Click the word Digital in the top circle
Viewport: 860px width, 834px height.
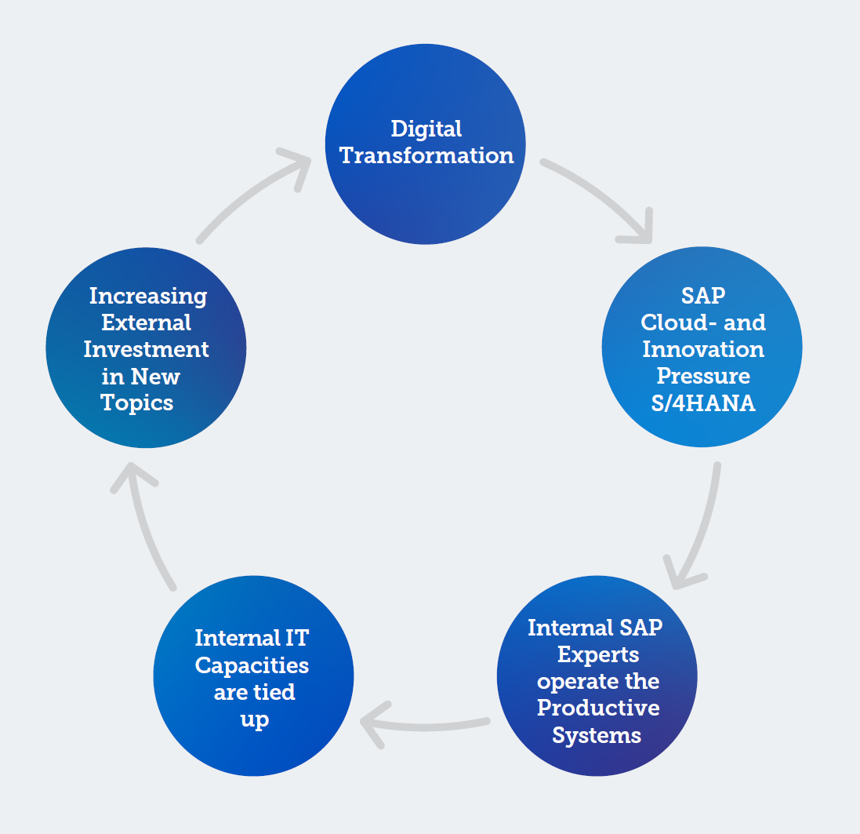[x=426, y=129]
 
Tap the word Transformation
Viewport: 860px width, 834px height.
[x=426, y=155]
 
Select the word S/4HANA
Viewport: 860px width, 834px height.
[x=703, y=403]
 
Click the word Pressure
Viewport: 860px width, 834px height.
[x=703, y=376]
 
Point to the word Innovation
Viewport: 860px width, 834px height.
[x=703, y=349]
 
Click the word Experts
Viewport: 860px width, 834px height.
[x=598, y=655]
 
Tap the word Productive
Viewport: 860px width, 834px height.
[x=598, y=708]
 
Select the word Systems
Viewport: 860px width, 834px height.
[x=597, y=736]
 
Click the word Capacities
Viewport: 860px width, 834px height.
[x=252, y=666]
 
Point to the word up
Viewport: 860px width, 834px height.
[x=255, y=719]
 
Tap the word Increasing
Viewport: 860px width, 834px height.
[x=148, y=297]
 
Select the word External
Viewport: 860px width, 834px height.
[x=147, y=322]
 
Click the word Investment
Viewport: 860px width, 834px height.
[x=147, y=350]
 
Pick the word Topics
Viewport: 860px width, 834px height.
[x=137, y=403]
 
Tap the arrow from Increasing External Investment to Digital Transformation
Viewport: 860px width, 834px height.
[x=247, y=192]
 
